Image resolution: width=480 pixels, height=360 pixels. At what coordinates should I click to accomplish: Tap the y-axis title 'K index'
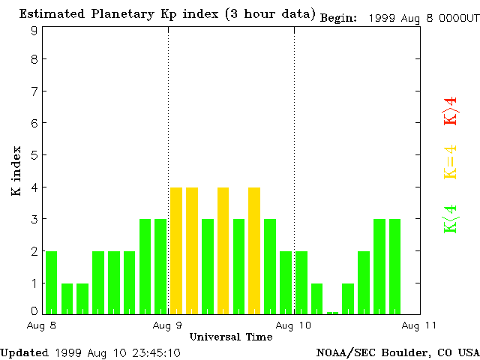[16, 172]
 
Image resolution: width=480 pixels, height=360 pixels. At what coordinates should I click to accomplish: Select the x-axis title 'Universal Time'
[231, 337]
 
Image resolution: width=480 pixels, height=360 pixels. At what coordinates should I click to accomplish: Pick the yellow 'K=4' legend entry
[450, 162]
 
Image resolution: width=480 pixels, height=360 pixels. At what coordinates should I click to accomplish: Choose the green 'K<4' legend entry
[450, 219]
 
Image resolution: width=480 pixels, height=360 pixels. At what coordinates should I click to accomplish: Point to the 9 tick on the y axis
[34, 31]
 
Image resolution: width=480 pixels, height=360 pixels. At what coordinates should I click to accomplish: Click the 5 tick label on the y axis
[34, 155]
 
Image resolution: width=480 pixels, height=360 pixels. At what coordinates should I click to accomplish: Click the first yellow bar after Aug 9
[176, 250]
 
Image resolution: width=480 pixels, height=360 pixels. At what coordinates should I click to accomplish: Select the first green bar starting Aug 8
[51, 282]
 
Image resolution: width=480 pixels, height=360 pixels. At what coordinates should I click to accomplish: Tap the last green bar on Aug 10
[394, 266]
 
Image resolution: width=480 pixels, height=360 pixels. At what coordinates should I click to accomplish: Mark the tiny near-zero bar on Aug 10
[332, 312]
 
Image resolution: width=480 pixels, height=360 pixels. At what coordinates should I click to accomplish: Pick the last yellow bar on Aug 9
[254, 250]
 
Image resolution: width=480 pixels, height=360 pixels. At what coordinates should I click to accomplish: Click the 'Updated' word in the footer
[24, 352]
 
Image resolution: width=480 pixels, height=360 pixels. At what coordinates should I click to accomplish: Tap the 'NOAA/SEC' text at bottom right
[340, 352]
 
